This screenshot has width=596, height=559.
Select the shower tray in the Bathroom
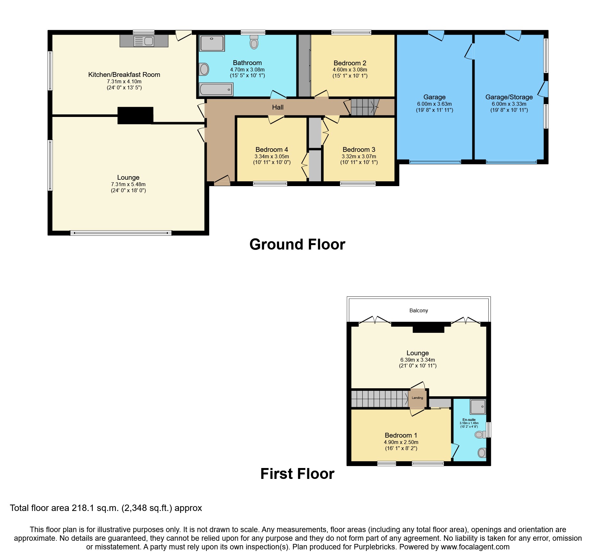212,43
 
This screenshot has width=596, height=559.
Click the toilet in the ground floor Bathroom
254,42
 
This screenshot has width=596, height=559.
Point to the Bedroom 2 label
350,63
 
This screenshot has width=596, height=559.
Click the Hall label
277,107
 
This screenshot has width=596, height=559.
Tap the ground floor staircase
365,107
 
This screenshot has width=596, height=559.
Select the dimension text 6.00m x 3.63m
434,104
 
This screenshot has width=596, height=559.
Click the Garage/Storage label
509,97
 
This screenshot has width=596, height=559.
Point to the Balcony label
418,310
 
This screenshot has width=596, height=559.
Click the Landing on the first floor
417,398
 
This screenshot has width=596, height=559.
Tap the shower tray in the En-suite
478,407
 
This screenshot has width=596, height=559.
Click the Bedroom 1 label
401,435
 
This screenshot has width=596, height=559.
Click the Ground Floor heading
297,244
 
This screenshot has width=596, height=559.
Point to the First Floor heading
297,473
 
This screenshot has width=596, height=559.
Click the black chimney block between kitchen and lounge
135,115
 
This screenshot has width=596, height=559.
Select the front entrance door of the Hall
222,181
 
